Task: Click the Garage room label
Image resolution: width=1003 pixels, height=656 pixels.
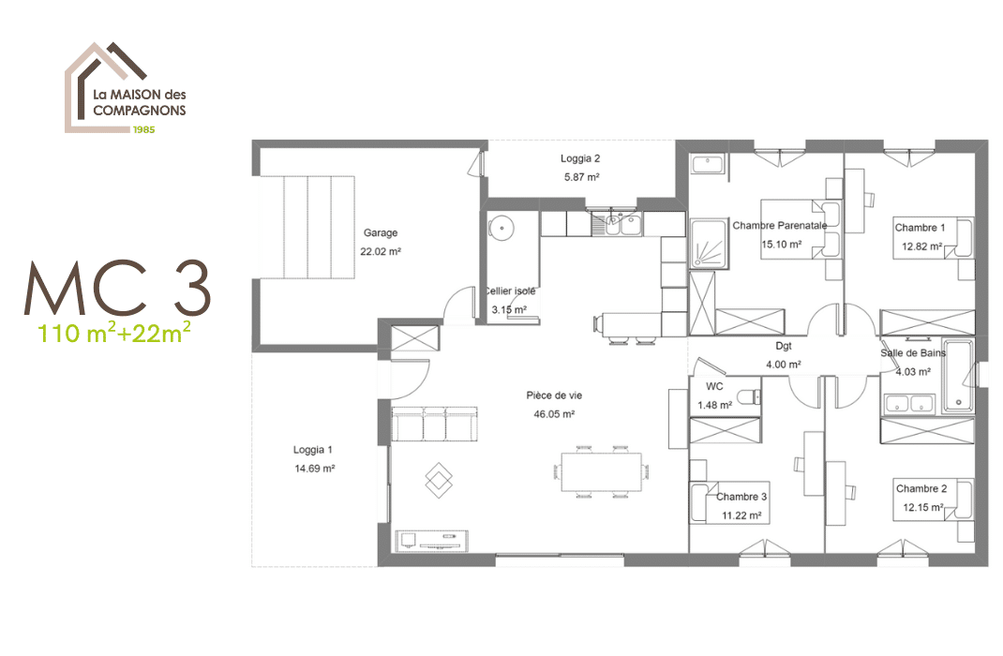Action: pyautogui.click(x=381, y=232)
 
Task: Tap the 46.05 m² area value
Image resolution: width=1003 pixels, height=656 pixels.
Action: pyautogui.click(x=554, y=414)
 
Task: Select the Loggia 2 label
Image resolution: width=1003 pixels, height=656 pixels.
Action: pyautogui.click(x=580, y=158)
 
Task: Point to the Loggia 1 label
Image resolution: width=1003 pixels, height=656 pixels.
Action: pyautogui.click(x=313, y=450)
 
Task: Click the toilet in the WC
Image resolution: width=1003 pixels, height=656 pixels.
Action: pyautogui.click(x=748, y=397)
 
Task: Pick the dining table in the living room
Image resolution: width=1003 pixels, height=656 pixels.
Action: pyautogui.click(x=601, y=472)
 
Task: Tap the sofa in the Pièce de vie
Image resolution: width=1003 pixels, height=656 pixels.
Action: pyautogui.click(x=434, y=424)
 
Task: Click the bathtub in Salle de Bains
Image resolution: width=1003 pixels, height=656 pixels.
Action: pyautogui.click(x=958, y=375)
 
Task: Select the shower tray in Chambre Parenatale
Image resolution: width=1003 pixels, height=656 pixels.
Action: pyautogui.click(x=710, y=245)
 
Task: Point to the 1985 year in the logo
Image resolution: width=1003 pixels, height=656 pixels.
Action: pyautogui.click(x=144, y=129)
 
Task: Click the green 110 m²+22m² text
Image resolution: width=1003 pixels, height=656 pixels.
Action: pyautogui.click(x=113, y=331)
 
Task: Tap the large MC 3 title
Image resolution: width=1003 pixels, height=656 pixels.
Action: pyautogui.click(x=118, y=288)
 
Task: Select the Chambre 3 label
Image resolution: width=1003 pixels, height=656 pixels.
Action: pyautogui.click(x=741, y=497)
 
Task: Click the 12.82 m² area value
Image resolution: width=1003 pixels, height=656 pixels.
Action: pyautogui.click(x=921, y=246)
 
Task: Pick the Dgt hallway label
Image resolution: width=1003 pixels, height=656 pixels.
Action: pyautogui.click(x=784, y=346)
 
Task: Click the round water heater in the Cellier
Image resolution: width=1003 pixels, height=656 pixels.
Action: pyautogui.click(x=501, y=228)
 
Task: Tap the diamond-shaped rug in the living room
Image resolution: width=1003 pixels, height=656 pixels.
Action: pyautogui.click(x=439, y=480)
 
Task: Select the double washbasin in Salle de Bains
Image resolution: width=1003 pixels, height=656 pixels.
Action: pyautogui.click(x=909, y=404)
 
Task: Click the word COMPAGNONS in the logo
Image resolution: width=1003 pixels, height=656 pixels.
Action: pyautogui.click(x=140, y=110)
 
